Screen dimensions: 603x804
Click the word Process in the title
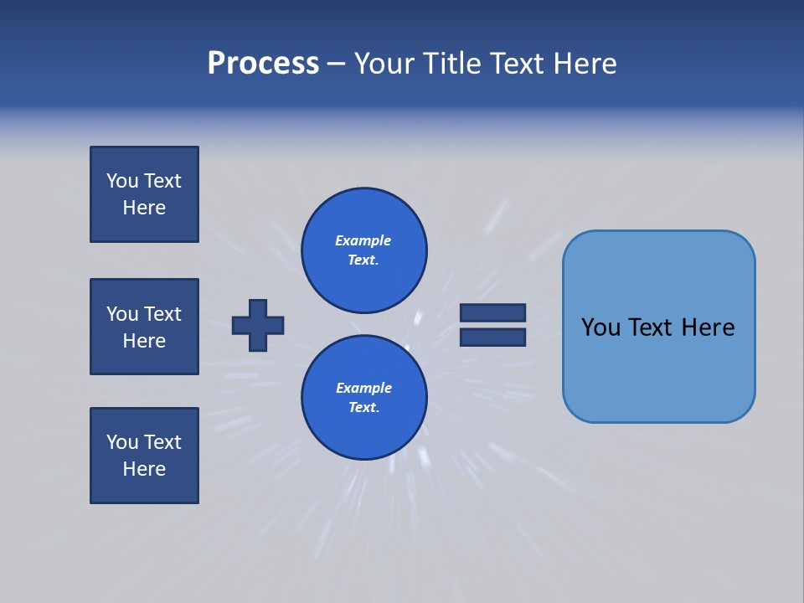tap(263, 64)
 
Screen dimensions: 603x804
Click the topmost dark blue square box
tap(144, 194)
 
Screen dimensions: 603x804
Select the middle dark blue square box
tap(144, 327)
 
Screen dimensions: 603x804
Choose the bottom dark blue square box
tap(144, 456)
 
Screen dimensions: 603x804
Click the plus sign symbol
tap(258, 325)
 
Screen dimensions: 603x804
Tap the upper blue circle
tap(363, 250)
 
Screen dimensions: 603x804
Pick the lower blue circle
tap(363, 398)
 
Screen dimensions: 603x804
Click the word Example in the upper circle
tap(363, 240)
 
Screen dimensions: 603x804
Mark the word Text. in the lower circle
tap(363, 408)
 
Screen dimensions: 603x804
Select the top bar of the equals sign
tap(493, 312)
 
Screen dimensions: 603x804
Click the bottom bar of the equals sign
tap(493, 338)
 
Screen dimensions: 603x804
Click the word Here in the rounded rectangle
tap(708, 327)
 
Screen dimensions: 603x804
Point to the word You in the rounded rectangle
tap(600, 327)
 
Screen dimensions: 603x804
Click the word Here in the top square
tap(144, 208)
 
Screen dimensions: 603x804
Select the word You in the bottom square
tap(122, 442)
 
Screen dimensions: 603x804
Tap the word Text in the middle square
tap(162, 314)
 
